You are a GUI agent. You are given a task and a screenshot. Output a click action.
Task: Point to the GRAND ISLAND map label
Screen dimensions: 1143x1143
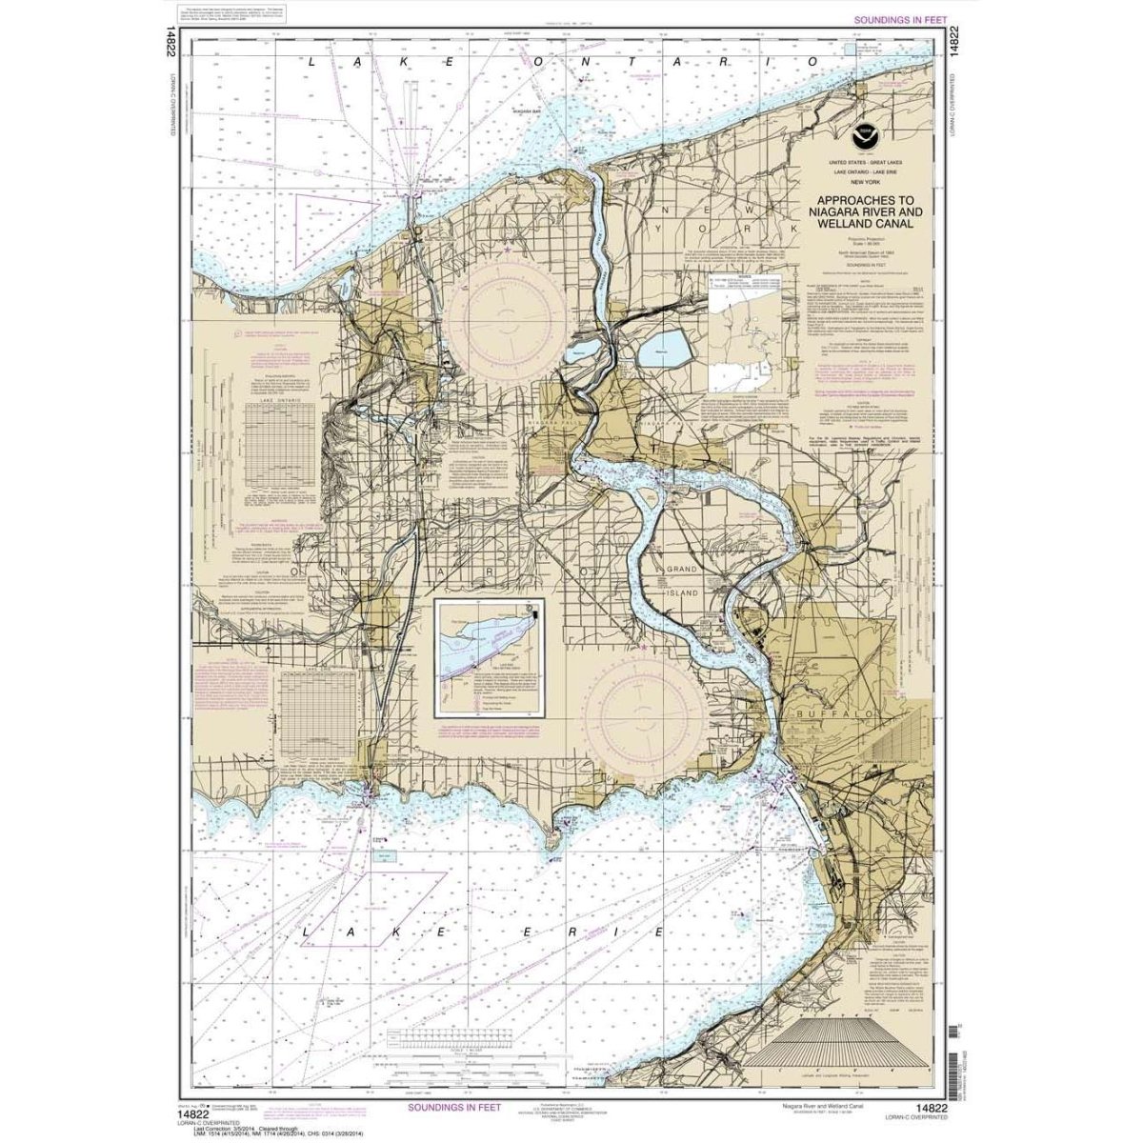[x=682, y=580]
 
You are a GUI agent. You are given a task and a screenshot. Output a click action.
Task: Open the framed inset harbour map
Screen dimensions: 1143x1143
[x=490, y=657]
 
